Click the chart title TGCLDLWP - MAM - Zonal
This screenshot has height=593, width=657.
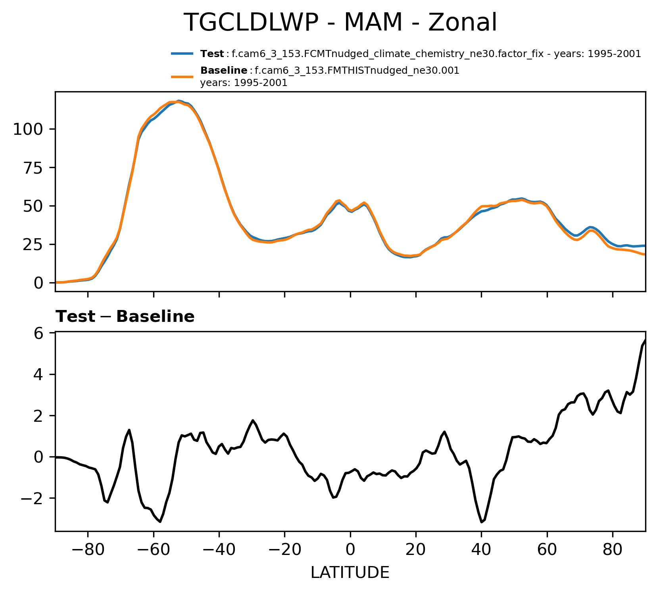[x=340, y=23]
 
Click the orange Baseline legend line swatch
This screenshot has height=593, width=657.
[x=182, y=77]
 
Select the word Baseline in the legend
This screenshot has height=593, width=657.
[x=224, y=71]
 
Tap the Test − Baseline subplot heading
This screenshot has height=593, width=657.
[x=125, y=317]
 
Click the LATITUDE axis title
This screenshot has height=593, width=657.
[x=350, y=573]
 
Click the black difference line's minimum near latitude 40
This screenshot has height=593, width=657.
[x=482, y=522]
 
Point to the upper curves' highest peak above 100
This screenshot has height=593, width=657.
[x=179, y=101]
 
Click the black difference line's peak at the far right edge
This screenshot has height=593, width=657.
[x=645, y=340]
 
